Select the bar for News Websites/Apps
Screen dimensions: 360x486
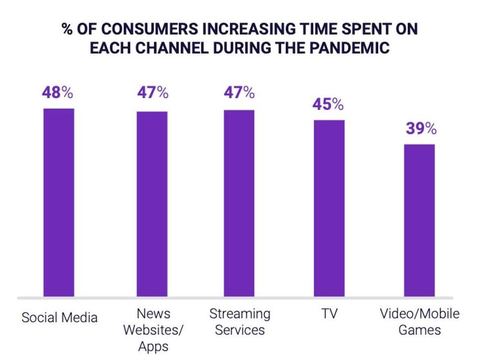click(152, 204)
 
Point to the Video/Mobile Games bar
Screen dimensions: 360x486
click(420, 220)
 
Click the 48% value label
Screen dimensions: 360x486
click(59, 93)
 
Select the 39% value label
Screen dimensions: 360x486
click(421, 129)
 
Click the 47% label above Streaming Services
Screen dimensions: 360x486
click(239, 93)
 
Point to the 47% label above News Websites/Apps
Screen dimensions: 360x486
click(152, 93)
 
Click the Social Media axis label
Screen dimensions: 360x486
click(59, 318)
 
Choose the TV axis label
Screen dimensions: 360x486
click(329, 314)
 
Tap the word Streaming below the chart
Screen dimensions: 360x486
click(240, 314)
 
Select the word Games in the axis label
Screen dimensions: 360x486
click(420, 330)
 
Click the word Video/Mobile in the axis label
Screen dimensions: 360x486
click(420, 314)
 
